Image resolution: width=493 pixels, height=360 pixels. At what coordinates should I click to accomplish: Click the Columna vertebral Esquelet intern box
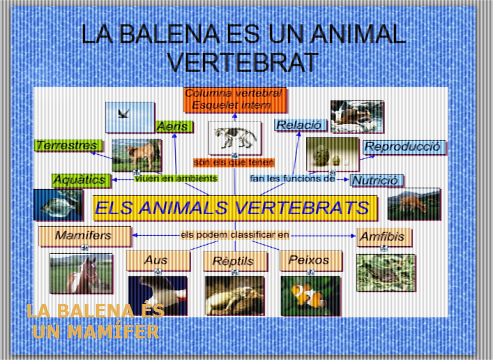pos(235,99)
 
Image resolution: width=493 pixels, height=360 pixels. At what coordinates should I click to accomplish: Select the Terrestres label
pos(68,146)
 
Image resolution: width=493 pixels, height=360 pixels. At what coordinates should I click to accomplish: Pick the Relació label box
pos(299,125)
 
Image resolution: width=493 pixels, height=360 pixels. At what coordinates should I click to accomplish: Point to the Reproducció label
pos(404,147)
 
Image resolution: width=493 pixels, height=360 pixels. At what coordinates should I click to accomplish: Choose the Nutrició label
pos(376,180)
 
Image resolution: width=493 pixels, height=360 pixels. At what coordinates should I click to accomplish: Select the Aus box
pos(156,261)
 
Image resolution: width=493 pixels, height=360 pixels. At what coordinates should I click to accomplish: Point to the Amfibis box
pos(383,237)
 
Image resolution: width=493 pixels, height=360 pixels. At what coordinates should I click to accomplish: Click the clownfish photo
pos(310,295)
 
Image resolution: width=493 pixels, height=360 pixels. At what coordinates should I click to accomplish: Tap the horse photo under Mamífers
pos(81,273)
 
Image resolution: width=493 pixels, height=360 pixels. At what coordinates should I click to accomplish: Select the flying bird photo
pos(129,117)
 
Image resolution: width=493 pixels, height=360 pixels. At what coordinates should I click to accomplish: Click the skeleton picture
pos(234,137)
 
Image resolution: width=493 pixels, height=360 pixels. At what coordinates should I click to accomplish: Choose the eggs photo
pos(332,153)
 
